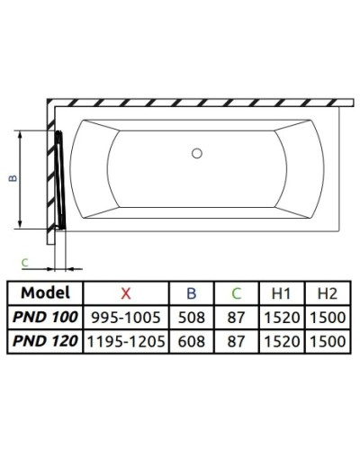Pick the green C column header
[236, 292]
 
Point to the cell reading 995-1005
[125, 317]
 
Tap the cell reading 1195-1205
[125, 342]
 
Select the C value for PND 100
[236, 317]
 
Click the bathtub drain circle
[197, 154]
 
